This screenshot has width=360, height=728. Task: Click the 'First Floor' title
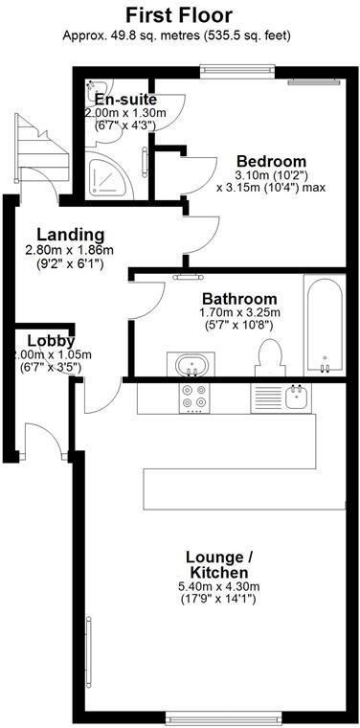pos(179,14)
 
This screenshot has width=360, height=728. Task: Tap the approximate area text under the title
pos(179,35)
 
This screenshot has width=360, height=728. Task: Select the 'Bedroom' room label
pos(271,161)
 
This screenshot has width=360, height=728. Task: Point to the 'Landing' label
pos(70,235)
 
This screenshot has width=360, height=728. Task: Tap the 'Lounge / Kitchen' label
pos(219,564)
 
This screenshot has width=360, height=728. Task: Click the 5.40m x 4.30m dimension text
pos(219,587)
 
